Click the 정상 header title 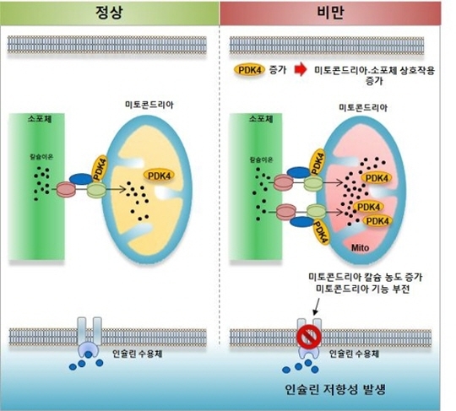point(109,12)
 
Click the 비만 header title point(330,13)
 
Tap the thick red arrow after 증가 point(301,70)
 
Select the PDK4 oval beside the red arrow point(250,70)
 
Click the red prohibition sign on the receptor point(309,337)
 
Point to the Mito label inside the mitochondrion point(360,248)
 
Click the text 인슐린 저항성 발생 point(335,390)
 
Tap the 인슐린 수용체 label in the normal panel point(138,354)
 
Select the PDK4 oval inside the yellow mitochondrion point(159,176)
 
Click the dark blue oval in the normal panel point(81,179)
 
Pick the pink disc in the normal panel point(66,190)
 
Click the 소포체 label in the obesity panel point(261,119)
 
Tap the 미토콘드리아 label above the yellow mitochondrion point(149,105)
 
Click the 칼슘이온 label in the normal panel point(41,157)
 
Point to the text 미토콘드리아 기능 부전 point(363,289)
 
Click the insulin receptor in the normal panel point(89,338)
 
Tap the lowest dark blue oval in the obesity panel point(302,222)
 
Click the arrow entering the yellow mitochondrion point(116,190)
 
